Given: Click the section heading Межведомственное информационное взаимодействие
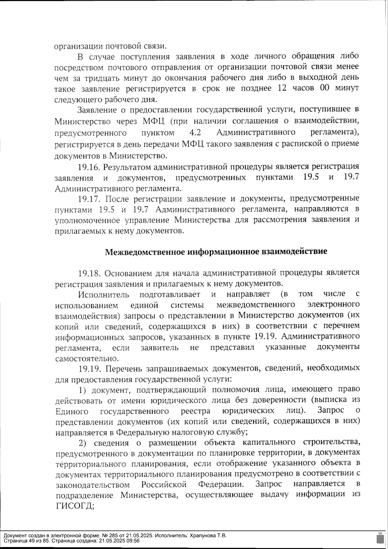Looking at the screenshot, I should [216, 252].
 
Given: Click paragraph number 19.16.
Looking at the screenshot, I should [89, 167].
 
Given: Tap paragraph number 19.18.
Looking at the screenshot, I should [89, 273].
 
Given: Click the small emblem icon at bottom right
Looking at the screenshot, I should [380, 538].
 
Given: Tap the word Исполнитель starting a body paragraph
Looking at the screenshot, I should [103, 295].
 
